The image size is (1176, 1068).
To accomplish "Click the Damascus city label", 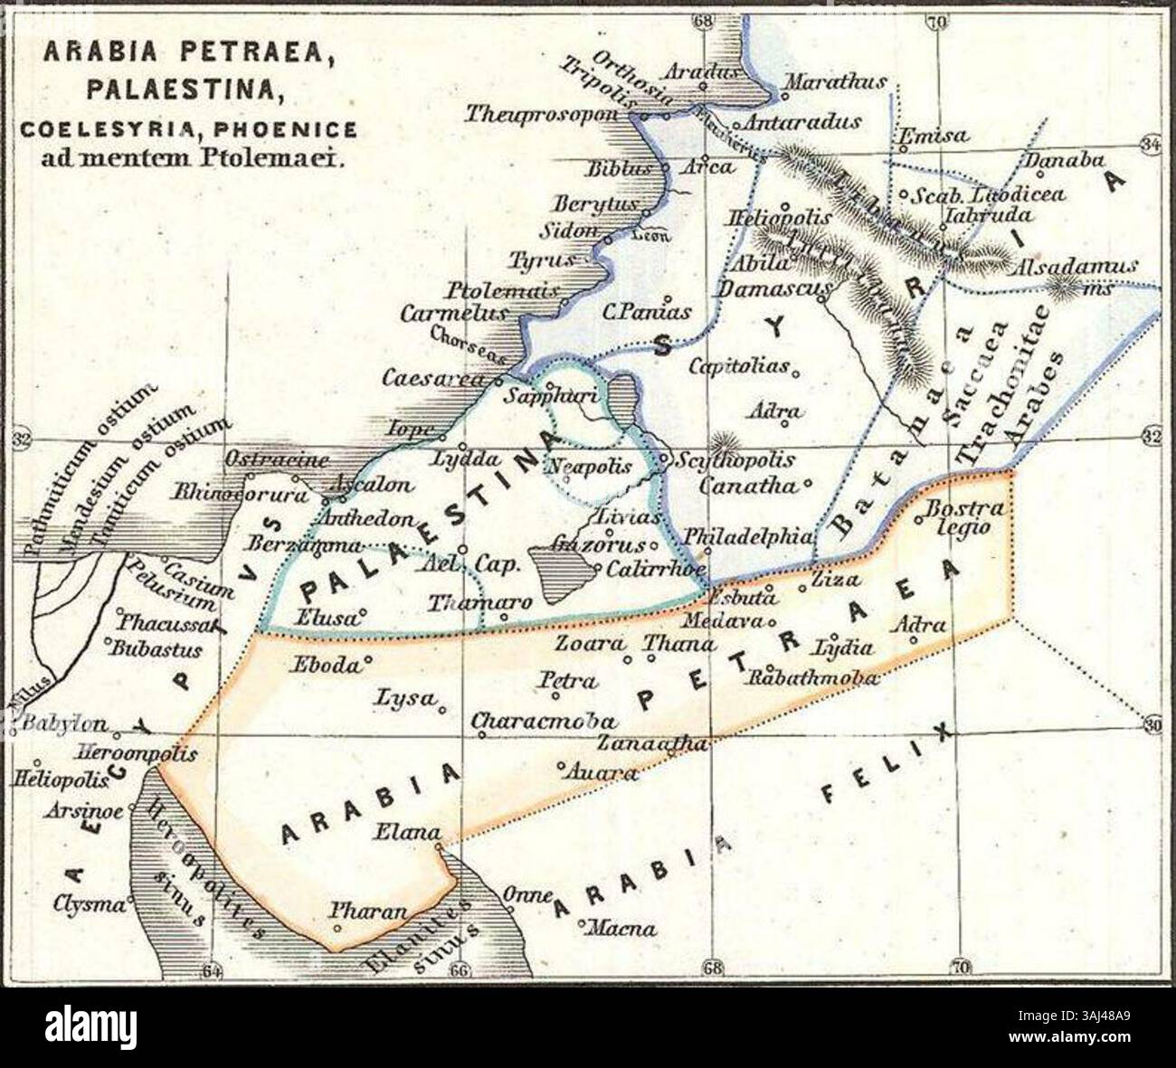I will pyautogui.click(x=774, y=289).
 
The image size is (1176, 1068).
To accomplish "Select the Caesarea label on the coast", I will pyautogui.click(x=433, y=379).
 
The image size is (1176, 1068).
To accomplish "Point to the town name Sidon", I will pyautogui.click(x=569, y=231).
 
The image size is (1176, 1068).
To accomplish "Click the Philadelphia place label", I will pyautogui.click(x=747, y=535).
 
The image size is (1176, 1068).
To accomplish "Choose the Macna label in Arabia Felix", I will pyautogui.click(x=626, y=928).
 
